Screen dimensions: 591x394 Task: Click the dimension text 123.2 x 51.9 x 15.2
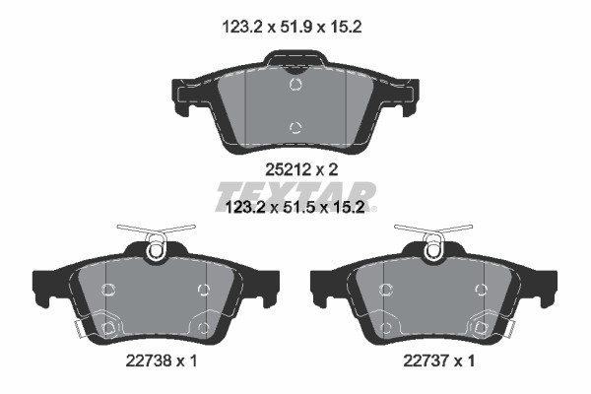[293, 27]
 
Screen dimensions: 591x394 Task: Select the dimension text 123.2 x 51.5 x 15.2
[295, 207]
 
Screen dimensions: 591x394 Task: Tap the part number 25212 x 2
[301, 169]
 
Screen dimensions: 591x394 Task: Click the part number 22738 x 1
[162, 361]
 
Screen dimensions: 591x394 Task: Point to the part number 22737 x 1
[438, 361]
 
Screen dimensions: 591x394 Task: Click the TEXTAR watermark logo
[295, 196]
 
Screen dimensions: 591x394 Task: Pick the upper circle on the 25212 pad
[295, 84]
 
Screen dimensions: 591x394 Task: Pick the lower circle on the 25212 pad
[295, 127]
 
